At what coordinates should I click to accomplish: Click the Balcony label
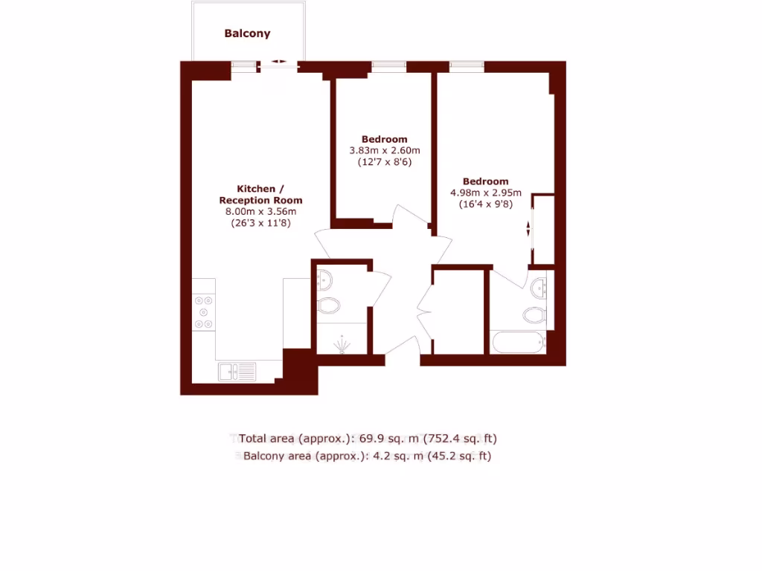[x=247, y=33]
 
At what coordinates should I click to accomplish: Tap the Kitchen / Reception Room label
[x=260, y=194]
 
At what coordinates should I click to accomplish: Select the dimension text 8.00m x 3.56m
[x=260, y=211]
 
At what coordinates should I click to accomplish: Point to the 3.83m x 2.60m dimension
[x=384, y=150]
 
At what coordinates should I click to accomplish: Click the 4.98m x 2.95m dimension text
[x=485, y=193]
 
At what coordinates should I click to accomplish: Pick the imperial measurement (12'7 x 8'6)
[x=384, y=161]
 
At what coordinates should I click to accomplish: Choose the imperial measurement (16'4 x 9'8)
[x=485, y=204]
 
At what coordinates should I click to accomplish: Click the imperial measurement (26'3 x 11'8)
[x=260, y=222]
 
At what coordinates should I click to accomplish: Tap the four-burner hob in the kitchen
[x=203, y=312]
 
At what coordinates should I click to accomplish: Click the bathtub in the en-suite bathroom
[x=517, y=343]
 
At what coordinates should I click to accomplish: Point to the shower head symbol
[x=342, y=344]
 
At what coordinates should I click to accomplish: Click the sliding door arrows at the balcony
[x=280, y=62]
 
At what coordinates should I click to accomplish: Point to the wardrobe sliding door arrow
[x=529, y=229]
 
